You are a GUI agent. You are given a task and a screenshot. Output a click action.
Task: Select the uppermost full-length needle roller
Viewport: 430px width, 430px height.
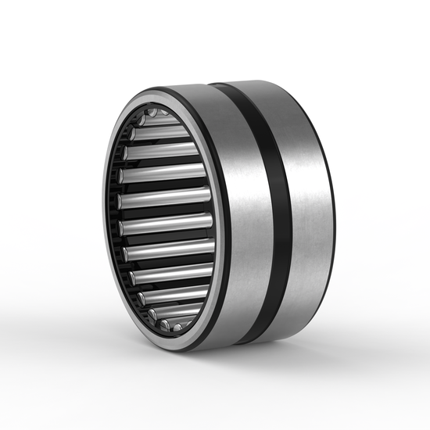[x=160, y=132]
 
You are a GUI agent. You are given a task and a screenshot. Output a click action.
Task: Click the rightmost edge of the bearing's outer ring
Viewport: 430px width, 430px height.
[x=334, y=211]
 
